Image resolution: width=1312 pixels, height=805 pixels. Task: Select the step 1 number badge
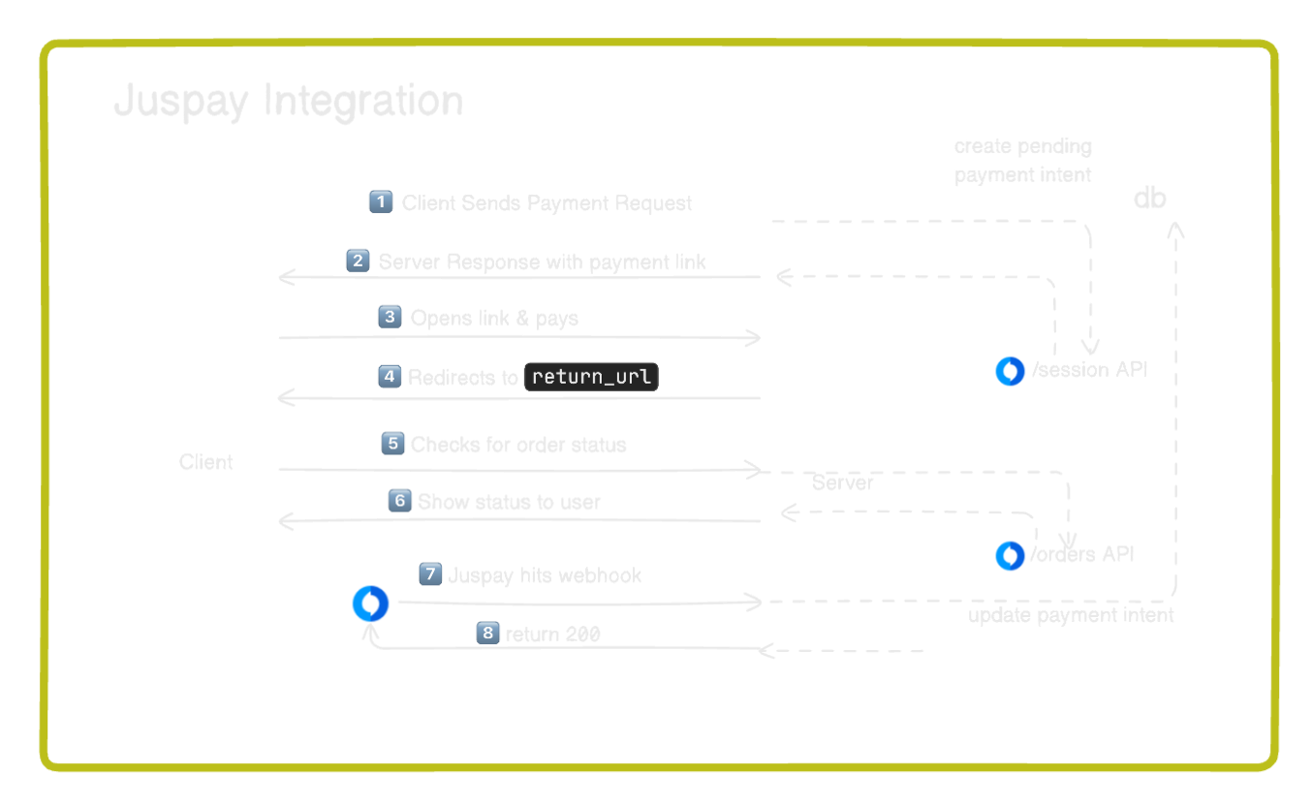(381, 201)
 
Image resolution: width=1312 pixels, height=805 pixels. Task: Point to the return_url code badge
(590, 377)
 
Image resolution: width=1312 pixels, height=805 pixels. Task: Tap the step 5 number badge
(392, 444)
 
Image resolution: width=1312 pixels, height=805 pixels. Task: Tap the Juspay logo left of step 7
(370, 604)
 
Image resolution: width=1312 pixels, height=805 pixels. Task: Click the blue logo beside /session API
(1010, 370)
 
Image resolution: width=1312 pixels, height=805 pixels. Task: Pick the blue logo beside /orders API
(1010, 555)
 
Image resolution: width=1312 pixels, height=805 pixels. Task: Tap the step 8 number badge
(487, 634)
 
